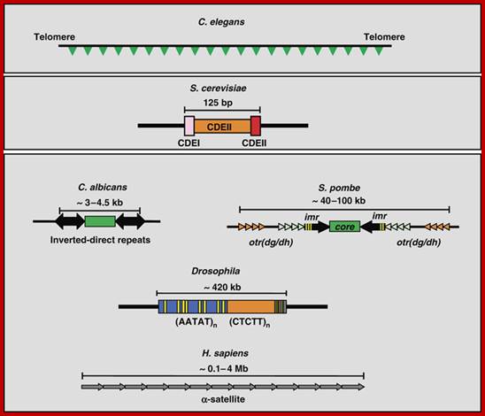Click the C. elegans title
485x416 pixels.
click(221, 22)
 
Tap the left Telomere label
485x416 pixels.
click(55, 37)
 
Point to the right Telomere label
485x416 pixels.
click(384, 37)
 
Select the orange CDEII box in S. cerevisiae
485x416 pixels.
click(222, 127)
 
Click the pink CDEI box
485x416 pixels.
click(189, 126)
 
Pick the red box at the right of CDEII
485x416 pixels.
click(256, 126)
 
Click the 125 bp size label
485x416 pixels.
click(218, 103)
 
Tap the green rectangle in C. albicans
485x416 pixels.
click(100, 221)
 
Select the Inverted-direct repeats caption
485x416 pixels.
click(100, 240)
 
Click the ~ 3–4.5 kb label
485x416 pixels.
click(100, 203)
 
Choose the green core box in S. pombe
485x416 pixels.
click(344, 227)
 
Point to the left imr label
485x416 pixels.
click(312, 217)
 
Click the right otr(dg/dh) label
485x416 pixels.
click(419, 243)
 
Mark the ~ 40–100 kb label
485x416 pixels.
click(339, 201)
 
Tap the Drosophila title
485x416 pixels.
click(216, 271)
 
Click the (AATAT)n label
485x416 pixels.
click(196, 322)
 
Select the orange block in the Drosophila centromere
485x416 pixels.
click(250, 307)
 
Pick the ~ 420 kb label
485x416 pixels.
click(222, 288)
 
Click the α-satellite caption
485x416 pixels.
click(223, 399)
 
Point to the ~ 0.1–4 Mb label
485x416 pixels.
click(224, 369)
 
